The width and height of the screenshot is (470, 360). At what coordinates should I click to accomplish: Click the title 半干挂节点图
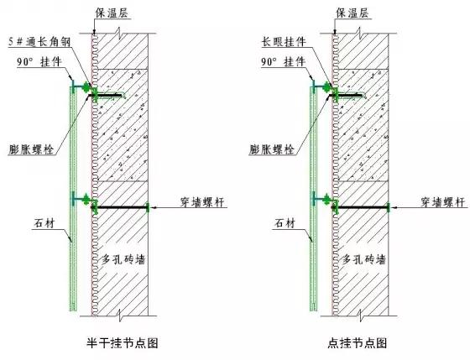[123, 342]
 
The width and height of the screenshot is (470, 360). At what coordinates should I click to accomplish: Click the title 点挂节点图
[358, 342]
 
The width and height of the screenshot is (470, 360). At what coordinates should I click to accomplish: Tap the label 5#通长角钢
[39, 42]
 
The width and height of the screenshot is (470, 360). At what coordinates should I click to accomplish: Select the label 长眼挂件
[284, 42]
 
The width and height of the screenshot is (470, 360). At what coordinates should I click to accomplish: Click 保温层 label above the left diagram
[112, 13]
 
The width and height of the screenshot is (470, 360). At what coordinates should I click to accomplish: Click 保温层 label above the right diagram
[352, 13]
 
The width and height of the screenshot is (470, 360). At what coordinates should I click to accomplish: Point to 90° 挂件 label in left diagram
[39, 62]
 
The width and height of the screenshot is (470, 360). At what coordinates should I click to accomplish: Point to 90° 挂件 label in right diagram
[284, 62]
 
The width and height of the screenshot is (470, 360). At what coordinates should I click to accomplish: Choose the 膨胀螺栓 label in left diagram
[31, 149]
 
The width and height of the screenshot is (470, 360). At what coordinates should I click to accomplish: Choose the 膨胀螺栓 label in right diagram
[272, 149]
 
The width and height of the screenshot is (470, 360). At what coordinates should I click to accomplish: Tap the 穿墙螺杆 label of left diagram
[202, 202]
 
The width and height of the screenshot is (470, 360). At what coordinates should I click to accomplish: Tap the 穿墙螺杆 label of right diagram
[443, 202]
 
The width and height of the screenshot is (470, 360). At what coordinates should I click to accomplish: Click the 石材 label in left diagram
[44, 223]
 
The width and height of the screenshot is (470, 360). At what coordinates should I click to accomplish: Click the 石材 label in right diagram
[285, 223]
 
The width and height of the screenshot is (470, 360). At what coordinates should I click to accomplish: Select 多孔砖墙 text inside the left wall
[123, 259]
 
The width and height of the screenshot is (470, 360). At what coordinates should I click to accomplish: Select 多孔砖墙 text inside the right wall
[364, 259]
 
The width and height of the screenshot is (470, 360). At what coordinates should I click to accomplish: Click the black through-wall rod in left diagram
[120, 207]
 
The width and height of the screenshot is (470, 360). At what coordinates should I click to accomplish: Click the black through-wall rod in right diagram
[361, 207]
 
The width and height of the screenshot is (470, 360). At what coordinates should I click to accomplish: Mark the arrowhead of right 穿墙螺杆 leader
[394, 207]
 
